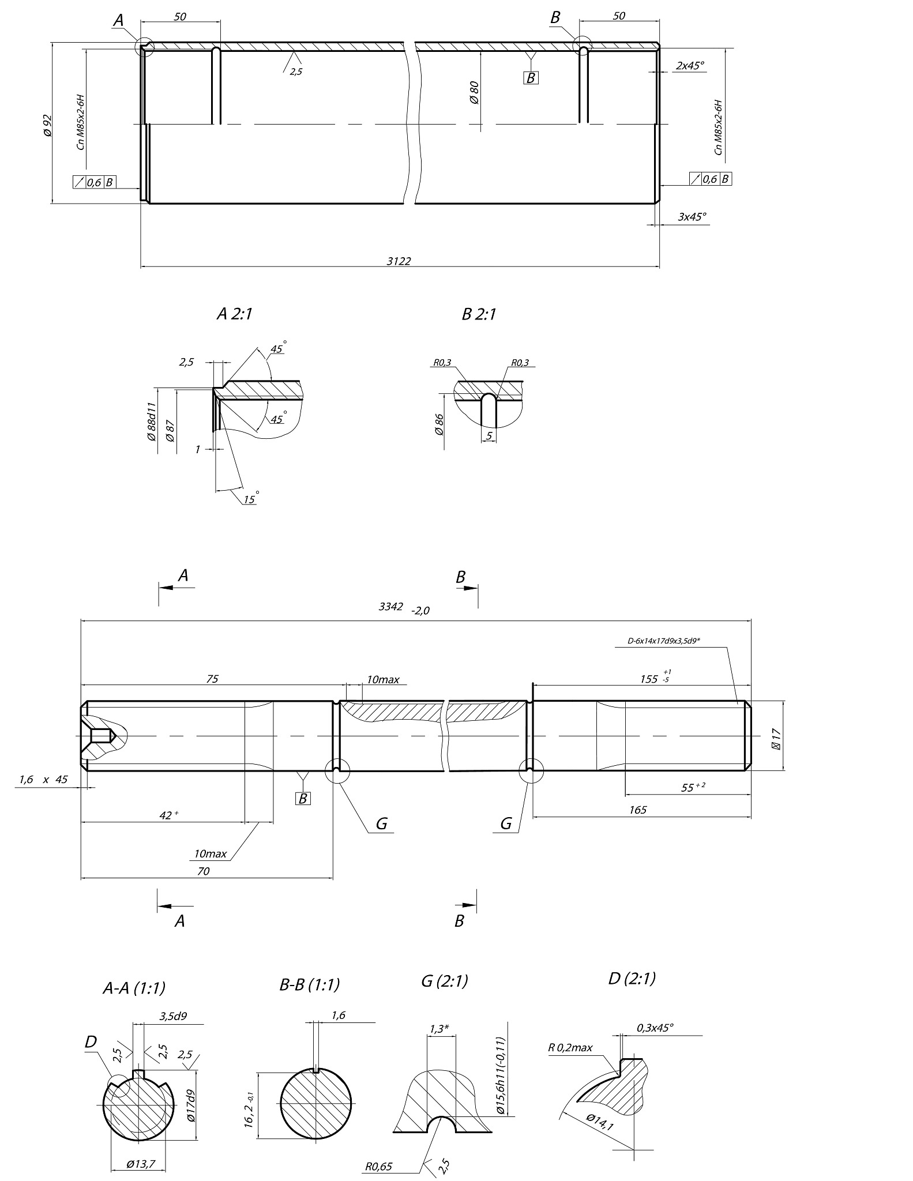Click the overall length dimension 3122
[x=399, y=261]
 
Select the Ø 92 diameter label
[x=47, y=125]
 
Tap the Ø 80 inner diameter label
[x=474, y=92]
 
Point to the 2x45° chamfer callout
[x=690, y=65]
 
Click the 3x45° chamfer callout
[x=692, y=217]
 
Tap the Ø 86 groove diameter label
[x=439, y=424]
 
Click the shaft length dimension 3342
[x=390, y=607]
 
